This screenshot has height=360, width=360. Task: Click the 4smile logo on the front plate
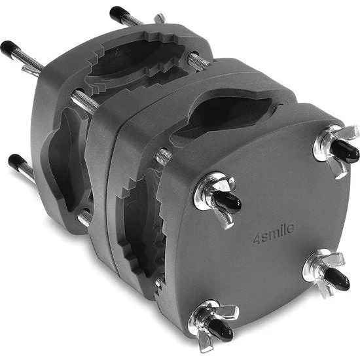274,234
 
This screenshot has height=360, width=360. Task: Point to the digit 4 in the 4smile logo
257,239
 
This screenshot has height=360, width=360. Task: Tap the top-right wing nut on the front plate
335,149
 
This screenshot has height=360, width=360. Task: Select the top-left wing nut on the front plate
216,199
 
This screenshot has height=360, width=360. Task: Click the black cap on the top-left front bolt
227,202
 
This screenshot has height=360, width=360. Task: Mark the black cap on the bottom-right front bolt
337,278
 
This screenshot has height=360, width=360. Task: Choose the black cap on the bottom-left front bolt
221,329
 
